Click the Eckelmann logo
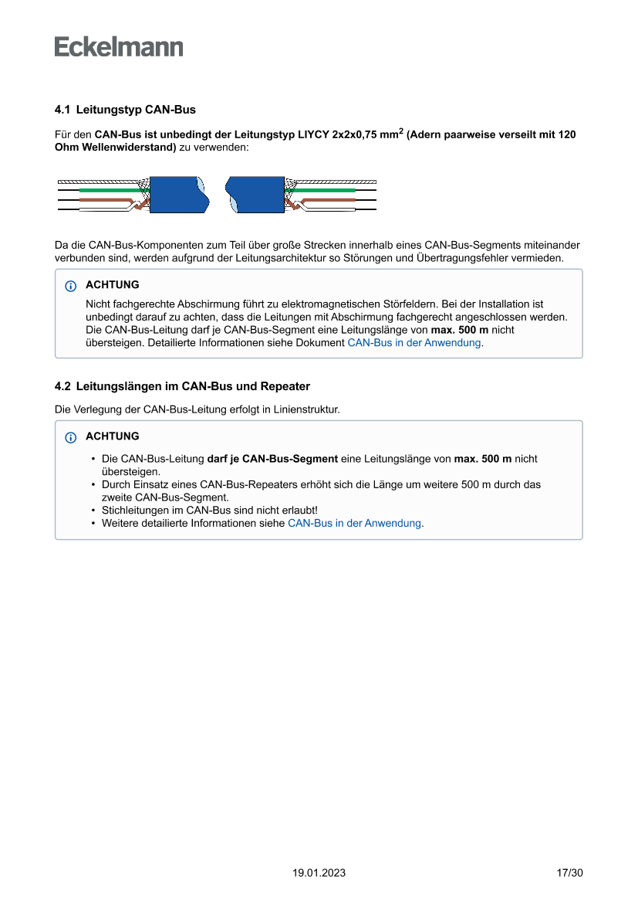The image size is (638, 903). [x=119, y=46]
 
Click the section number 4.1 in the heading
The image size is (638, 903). [x=62, y=110]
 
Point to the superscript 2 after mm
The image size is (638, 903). [x=400, y=131]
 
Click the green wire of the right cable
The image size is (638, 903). [x=324, y=189]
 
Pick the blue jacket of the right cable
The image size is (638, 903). [x=255, y=194]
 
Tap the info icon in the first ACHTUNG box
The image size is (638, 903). [x=71, y=286]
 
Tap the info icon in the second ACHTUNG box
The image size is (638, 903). [x=71, y=437]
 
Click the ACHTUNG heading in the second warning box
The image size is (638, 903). [x=113, y=436]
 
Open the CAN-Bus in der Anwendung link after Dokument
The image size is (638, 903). [x=414, y=342]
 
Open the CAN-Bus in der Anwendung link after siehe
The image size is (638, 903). [x=354, y=523]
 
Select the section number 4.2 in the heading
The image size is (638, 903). [x=62, y=386]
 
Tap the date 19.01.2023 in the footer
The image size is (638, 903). [x=319, y=873]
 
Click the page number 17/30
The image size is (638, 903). [x=569, y=873]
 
